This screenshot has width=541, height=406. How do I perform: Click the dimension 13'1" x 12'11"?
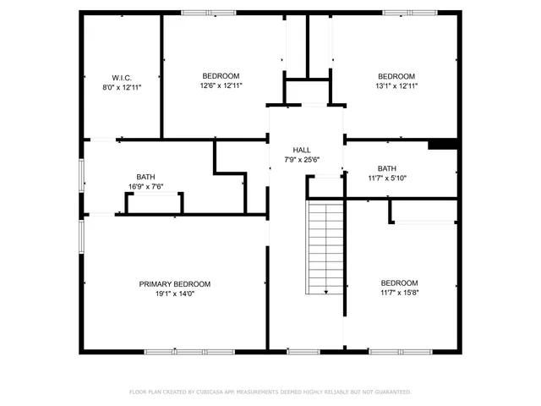(396, 85)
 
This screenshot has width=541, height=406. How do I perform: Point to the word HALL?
(302, 149)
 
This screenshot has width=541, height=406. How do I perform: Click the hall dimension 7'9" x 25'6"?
(302, 159)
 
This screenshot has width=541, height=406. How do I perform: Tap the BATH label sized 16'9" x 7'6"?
(145, 177)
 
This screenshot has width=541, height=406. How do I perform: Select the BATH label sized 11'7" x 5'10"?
(386, 168)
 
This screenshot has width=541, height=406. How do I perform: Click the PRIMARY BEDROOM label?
(175, 284)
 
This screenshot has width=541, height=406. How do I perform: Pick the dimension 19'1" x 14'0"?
(175, 294)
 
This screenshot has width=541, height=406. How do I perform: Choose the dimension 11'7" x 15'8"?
(399, 293)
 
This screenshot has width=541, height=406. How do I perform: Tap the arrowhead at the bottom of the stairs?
(326, 292)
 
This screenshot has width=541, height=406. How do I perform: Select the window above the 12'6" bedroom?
(209, 12)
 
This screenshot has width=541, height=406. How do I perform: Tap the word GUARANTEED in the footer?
(394, 392)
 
